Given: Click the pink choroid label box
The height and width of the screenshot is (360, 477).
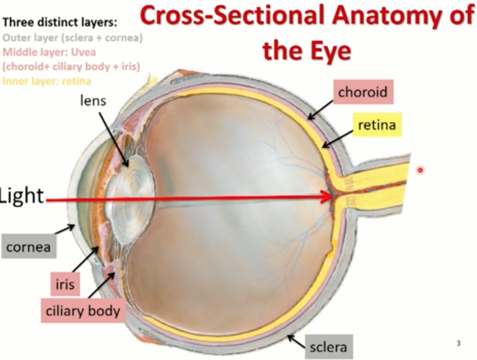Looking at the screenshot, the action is click(363, 92).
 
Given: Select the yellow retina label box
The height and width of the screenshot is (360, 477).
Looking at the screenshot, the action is click(377, 125).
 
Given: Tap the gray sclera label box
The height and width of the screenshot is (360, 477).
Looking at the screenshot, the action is click(328, 347).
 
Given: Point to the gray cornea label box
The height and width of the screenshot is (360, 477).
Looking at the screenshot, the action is click(29, 247).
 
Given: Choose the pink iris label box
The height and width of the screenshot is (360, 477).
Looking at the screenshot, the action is click(65, 284).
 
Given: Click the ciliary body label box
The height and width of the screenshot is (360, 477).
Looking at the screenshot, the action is click(83, 311).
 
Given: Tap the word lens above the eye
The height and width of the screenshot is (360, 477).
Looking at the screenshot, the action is click(93, 101).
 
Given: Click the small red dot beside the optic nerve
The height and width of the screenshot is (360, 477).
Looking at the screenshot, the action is click(420, 170).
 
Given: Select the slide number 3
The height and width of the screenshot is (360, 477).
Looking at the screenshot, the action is click(458, 343).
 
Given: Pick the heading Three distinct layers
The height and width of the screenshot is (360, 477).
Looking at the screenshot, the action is click(60, 22).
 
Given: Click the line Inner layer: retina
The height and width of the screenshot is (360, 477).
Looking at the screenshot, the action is click(47, 81).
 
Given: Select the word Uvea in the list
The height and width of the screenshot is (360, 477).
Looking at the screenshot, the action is click(83, 52).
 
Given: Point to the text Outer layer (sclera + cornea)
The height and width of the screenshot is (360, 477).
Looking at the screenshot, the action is click(72, 38).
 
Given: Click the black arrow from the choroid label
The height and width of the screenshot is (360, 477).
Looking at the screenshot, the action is click(320, 110).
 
